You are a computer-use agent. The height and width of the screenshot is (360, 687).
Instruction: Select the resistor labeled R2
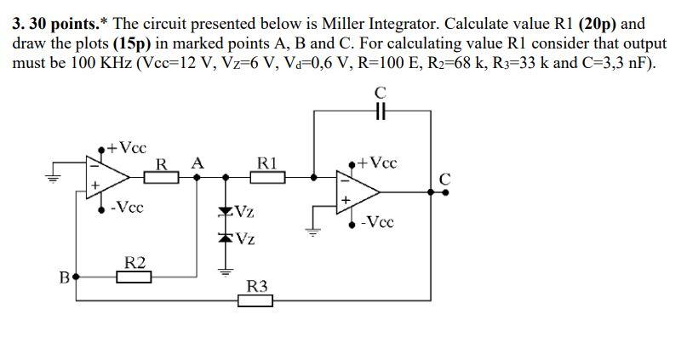point(134,277)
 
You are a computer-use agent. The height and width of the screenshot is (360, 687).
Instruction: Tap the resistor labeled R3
point(255,300)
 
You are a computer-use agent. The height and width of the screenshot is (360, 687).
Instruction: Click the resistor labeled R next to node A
point(164,177)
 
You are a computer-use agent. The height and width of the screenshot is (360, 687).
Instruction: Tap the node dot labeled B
point(77,277)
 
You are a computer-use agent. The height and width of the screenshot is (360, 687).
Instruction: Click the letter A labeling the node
point(198,162)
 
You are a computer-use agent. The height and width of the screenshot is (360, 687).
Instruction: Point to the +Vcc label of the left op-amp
point(128,147)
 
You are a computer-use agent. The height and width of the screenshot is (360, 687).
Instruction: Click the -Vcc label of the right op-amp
point(377,222)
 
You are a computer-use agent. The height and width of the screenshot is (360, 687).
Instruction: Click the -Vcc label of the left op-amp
point(127,207)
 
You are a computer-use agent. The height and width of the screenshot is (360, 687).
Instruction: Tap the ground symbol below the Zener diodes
point(226,272)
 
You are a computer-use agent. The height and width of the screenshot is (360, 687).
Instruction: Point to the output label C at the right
point(444,178)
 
